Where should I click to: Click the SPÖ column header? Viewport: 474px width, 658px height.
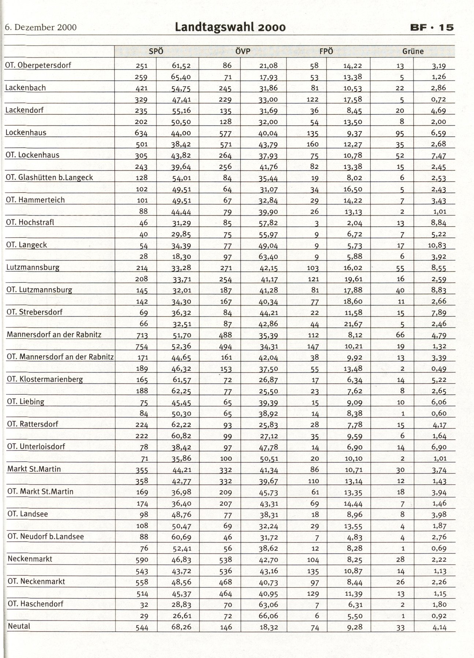click(x=156, y=52)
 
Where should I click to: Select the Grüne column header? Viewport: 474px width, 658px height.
click(x=413, y=52)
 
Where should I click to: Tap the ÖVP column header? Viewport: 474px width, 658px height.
click(x=242, y=52)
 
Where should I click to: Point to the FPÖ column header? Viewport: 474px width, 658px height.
click(x=326, y=52)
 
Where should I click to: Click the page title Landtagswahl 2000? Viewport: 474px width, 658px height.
click(x=230, y=27)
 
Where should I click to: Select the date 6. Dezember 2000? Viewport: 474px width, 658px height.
click(x=41, y=27)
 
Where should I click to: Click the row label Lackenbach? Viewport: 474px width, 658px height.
click(x=25, y=88)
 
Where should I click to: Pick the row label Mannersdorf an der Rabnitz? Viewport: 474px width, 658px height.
click(x=54, y=334)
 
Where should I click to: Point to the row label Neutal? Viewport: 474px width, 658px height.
click(x=19, y=626)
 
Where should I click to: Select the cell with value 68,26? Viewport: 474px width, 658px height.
click(x=181, y=627)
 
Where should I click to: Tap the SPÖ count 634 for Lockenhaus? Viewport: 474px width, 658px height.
click(x=141, y=133)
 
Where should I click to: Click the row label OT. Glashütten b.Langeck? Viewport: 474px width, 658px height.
click(x=49, y=178)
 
